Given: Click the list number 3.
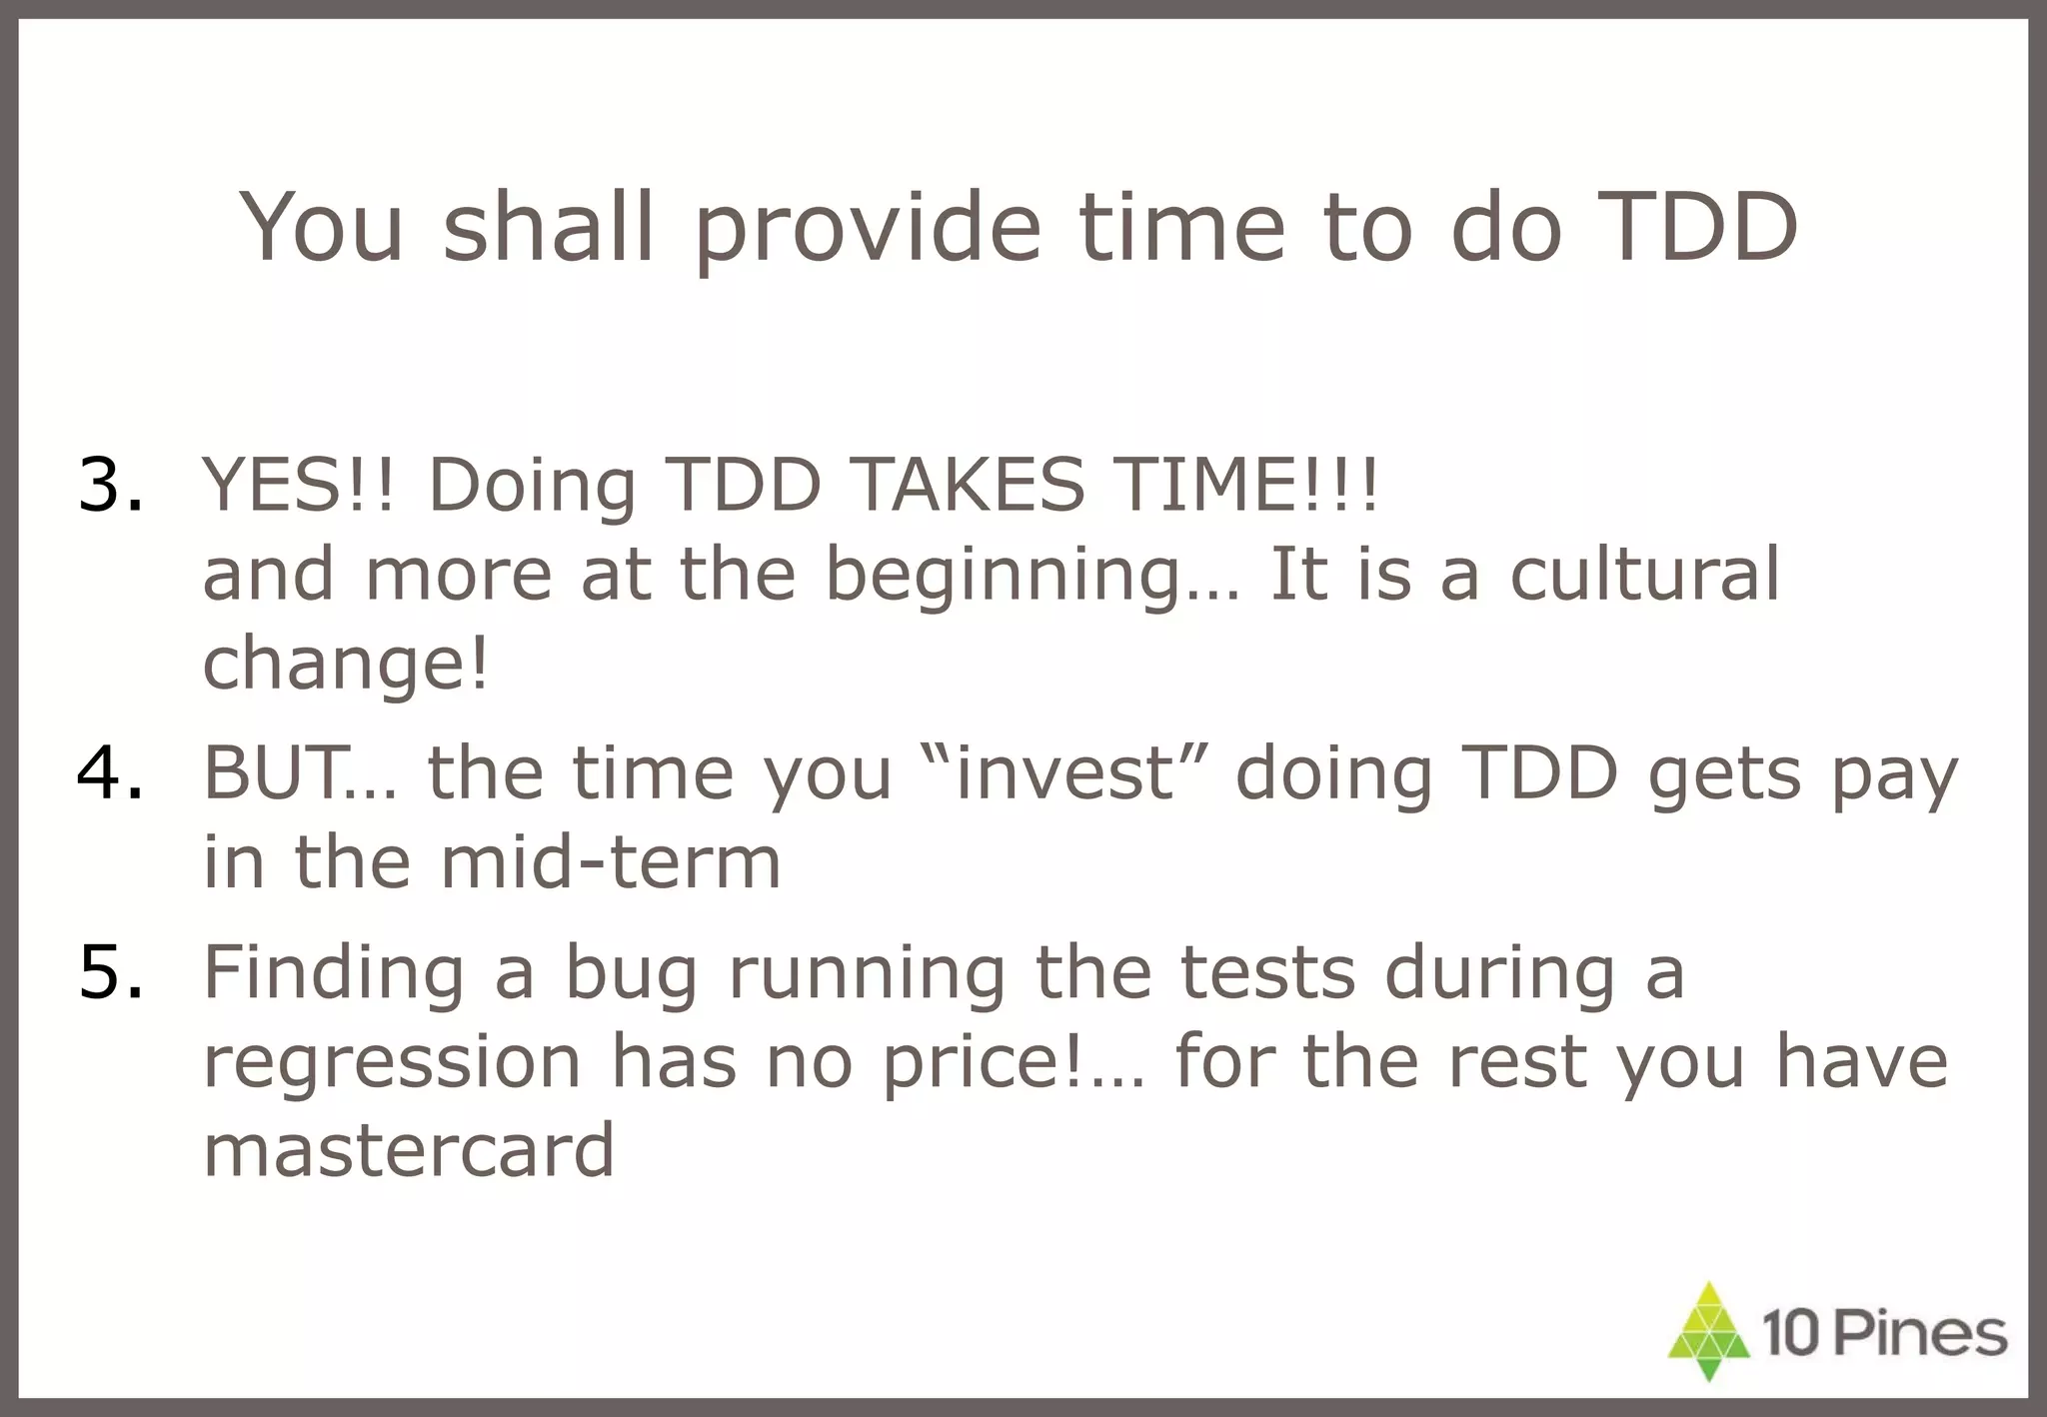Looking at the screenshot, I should point(110,486).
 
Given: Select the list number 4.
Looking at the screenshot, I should point(110,773).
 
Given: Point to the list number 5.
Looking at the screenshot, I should point(110,972).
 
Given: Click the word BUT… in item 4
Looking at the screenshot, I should point(300,773).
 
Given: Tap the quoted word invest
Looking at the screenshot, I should point(1065,773).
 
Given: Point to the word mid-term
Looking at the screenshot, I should point(610,862).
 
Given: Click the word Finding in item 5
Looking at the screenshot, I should point(334,972).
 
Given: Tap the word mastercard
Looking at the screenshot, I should point(408,1150).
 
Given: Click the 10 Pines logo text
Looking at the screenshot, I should point(1884,1335).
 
